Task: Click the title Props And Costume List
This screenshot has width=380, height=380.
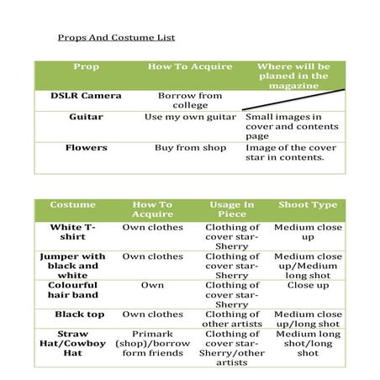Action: (x=116, y=38)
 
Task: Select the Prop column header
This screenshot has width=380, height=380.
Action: (x=86, y=66)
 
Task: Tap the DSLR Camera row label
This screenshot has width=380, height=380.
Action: (x=87, y=96)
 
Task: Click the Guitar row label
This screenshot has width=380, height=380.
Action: (x=87, y=117)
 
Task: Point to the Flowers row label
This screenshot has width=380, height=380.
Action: (x=87, y=148)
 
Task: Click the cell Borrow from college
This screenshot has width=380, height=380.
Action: (x=190, y=100)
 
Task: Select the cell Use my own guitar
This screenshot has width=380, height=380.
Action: (x=190, y=117)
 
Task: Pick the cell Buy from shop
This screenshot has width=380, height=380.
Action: (x=190, y=148)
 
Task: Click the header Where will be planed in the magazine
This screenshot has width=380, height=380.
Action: (x=293, y=76)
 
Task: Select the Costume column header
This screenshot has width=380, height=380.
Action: (x=73, y=205)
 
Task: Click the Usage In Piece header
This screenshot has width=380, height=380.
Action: (x=231, y=209)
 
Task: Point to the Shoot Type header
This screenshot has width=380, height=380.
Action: (x=308, y=205)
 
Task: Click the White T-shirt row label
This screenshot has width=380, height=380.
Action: (x=73, y=232)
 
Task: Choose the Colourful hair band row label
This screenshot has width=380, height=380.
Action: (x=73, y=290)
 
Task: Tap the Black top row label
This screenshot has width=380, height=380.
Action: (x=73, y=314)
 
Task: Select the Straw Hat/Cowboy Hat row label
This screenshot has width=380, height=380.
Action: (x=73, y=343)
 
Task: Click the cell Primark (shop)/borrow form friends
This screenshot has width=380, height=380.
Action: (x=152, y=343)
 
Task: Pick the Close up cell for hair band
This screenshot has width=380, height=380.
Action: (x=308, y=285)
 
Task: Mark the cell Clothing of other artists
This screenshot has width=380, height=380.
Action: (x=231, y=319)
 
